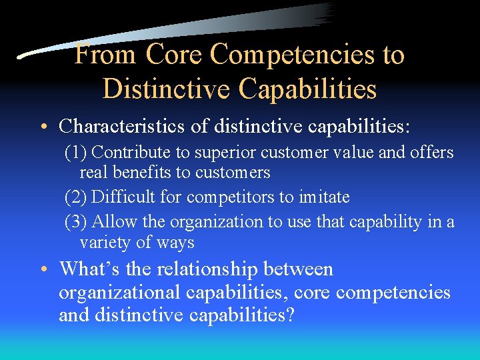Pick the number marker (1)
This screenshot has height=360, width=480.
(x=75, y=153)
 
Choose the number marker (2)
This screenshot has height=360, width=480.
(x=75, y=197)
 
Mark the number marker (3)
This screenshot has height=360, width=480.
(x=75, y=222)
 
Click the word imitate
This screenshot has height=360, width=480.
(x=325, y=197)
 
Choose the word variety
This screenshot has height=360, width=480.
(x=105, y=242)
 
